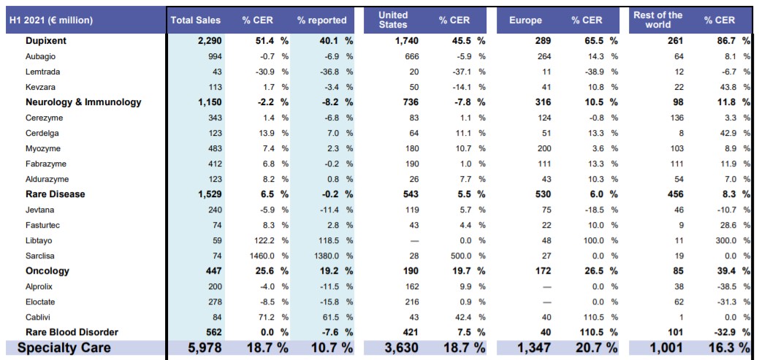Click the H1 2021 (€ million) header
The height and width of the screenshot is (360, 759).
coord(51,20)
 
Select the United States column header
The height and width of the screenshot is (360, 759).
coord(393,20)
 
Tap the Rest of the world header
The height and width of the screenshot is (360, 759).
coord(658,20)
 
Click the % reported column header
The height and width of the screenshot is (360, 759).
coord(321,20)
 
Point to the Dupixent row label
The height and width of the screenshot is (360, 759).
coord(51,41)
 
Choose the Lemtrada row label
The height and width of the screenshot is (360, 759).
coord(42,72)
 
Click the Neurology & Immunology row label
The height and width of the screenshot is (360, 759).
coord(83,102)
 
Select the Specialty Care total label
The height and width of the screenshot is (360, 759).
coord(64,348)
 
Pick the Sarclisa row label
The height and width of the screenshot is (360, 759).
coord(40,256)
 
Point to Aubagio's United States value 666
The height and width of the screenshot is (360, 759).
coord(411,56)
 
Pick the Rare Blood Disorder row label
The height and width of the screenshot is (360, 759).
coord(72,332)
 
